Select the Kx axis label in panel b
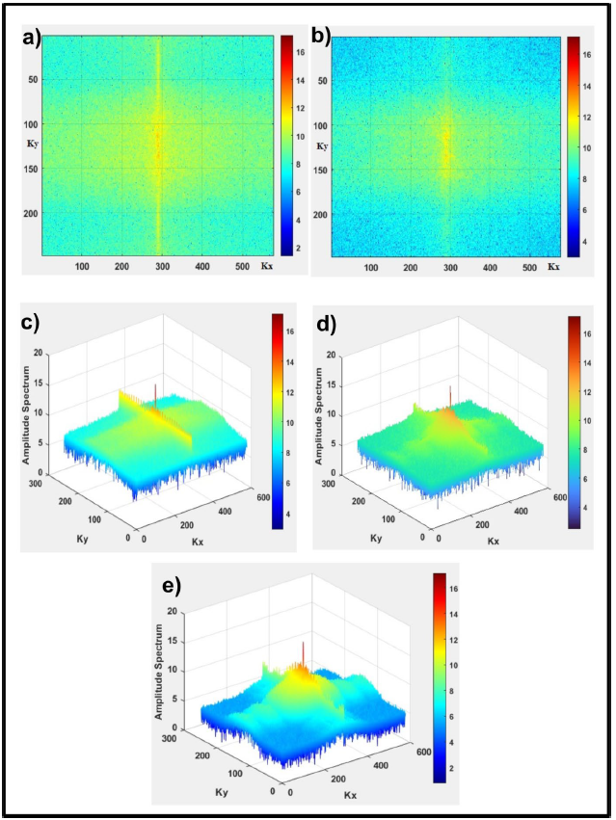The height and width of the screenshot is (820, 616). [x=553, y=266]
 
